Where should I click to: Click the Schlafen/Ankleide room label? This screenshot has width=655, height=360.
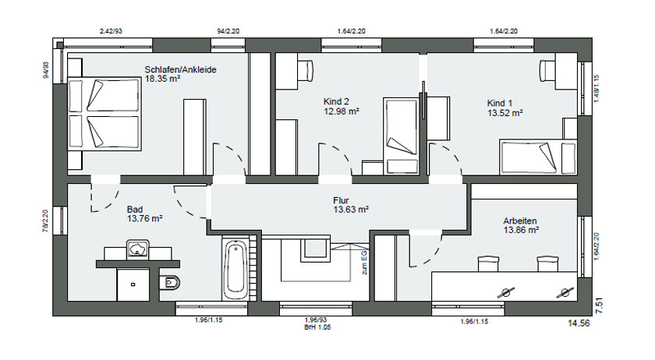pos(180,69)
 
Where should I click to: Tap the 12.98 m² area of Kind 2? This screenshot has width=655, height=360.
pos(342,111)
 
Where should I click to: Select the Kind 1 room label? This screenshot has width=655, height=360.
pos(500,103)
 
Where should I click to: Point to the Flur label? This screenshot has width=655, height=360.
pos(341,200)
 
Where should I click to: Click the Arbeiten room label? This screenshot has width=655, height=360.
pos(520,221)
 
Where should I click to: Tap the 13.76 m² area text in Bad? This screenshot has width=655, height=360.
pos(144,218)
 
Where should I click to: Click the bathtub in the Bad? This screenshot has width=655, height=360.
pos(236,270)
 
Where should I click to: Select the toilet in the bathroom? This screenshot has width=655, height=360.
pos(170,283)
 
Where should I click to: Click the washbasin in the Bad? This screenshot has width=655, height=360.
pos(137,249)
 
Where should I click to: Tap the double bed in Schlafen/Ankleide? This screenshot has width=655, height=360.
pos(104,113)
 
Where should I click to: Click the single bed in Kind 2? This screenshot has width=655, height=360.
pos(401,136)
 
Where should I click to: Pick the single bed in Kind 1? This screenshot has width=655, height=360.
pos(538,157)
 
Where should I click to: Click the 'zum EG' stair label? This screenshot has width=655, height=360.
pos(365,263)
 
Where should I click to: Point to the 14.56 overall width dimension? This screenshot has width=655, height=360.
pos(579,323)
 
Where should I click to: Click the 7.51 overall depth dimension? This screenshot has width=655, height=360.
pos(599,305)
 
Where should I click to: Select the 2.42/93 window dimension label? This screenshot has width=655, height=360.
pos(111,31)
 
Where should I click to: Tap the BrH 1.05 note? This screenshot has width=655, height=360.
pos(317,327)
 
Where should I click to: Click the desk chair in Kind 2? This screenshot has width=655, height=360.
pos(306,67)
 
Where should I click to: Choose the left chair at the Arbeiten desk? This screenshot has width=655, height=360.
pos(488,264)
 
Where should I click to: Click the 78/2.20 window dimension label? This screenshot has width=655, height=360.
pos(45,221)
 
